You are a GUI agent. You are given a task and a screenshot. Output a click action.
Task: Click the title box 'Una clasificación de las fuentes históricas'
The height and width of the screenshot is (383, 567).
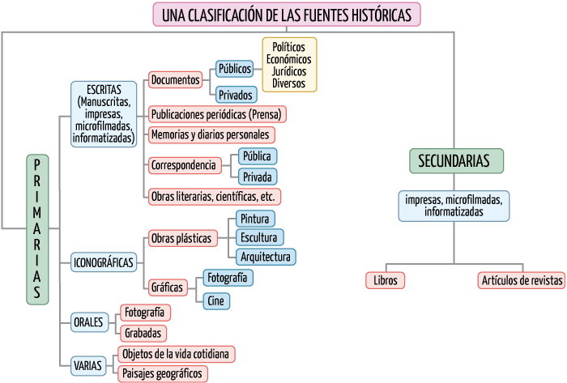coord(287,15)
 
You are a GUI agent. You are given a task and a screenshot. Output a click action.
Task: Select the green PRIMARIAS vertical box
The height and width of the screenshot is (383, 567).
coord(37,229)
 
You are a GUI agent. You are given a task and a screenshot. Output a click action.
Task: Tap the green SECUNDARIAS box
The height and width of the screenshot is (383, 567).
coord(454,161)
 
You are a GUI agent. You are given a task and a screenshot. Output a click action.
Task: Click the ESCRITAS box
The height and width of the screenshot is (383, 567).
coord(103,113)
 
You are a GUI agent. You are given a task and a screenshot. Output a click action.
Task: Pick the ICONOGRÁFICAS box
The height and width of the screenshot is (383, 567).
coord(104,263)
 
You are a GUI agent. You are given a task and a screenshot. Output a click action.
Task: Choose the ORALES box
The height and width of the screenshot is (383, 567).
coord(88,321)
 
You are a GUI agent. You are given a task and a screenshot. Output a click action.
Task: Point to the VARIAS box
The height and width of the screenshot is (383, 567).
coord(87,366)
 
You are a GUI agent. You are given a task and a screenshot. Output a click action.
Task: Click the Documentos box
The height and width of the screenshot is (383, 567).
coord(176,80)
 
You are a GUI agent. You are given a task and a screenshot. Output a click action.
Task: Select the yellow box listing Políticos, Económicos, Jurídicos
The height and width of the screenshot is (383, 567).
coord(289,66)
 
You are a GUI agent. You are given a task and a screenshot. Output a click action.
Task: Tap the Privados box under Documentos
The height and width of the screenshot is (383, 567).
coord(235,95)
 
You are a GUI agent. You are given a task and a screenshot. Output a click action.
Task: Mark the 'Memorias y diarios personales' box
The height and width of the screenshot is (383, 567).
coord(211,134)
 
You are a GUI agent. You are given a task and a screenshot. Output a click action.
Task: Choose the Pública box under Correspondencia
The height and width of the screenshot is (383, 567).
coord(257,156)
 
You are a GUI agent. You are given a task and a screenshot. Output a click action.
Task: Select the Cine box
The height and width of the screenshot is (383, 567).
coord(216,300)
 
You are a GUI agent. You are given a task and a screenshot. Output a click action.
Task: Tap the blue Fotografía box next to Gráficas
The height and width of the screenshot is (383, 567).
coord(227,278)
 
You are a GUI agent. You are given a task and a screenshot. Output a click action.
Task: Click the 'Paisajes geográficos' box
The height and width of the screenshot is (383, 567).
coord(163,373)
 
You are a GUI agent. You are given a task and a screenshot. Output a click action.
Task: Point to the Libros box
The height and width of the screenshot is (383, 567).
coord(385,280)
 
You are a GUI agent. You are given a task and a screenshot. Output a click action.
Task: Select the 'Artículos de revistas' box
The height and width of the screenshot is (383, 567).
coord(521,280)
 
